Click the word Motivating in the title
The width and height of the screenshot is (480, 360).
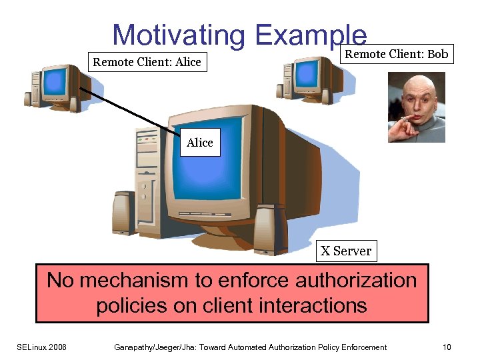(x=179, y=35)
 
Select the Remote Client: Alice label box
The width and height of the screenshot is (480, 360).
(x=147, y=63)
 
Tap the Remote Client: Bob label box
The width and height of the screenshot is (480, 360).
(x=397, y=54)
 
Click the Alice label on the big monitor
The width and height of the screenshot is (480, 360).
(x=200, y=143)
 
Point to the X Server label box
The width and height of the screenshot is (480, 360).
(x=345, y=251)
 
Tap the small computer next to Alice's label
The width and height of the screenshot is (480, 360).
(x=57, y=85)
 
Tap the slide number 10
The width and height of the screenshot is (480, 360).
(x=447, y=347)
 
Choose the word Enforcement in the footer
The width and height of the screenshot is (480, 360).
(x=361, y=347)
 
